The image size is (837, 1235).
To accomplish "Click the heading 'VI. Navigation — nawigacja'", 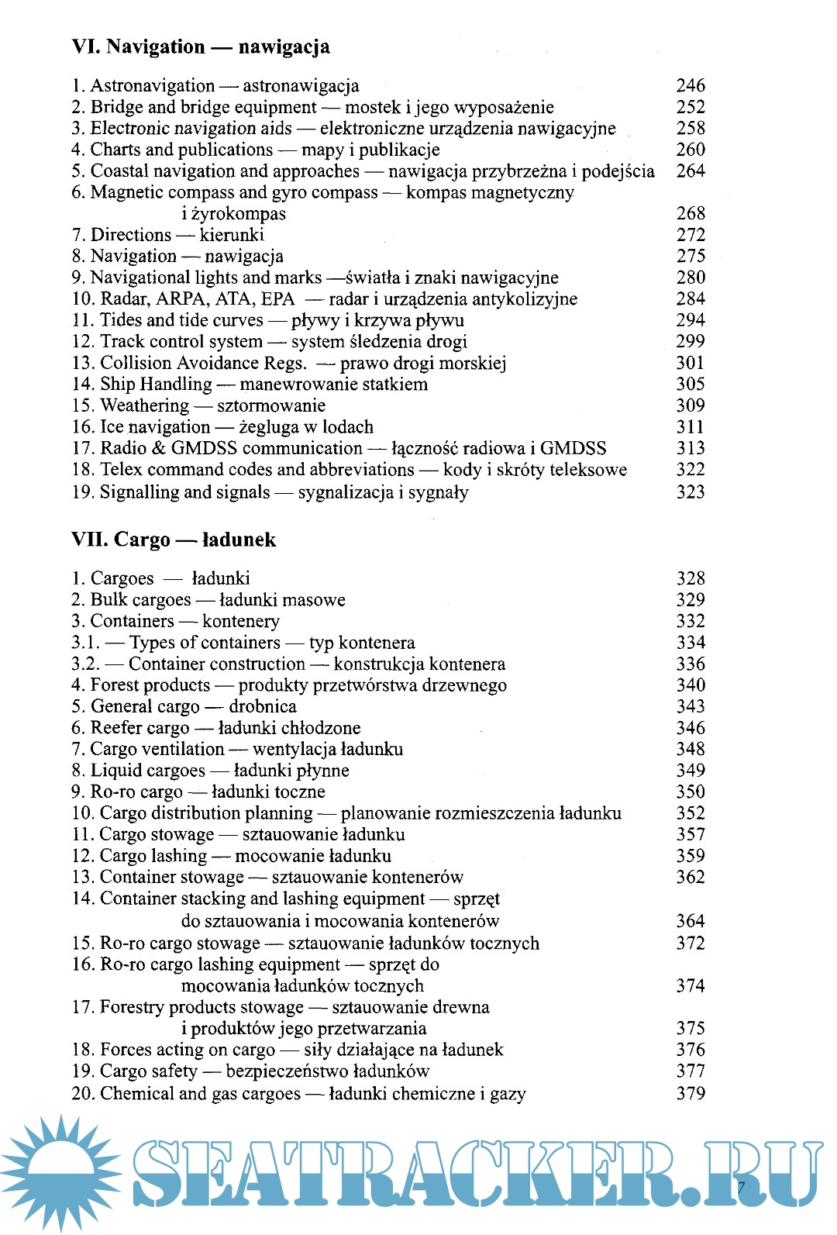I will coord(201,47).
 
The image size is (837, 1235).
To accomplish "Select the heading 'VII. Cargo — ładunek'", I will coord(174,540).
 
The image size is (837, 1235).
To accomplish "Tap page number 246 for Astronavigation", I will coord(690,85).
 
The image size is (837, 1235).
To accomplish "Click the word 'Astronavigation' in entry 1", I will coord(152,85).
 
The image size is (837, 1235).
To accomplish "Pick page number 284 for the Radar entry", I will coord(690,298).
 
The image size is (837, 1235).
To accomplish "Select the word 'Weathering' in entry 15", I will coord(144,405).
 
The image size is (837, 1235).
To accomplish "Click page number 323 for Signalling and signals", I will coord(690,492).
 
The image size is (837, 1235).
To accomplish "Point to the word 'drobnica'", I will coord(263,706).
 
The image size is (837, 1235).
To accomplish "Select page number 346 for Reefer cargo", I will coord(690,728).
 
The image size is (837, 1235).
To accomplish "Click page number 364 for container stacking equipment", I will coord(690,921).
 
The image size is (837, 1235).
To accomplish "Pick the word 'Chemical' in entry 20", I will coord(137,1094).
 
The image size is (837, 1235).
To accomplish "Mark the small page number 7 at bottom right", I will coord(741,1187).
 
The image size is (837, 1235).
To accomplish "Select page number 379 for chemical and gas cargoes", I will coord(690,1094).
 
